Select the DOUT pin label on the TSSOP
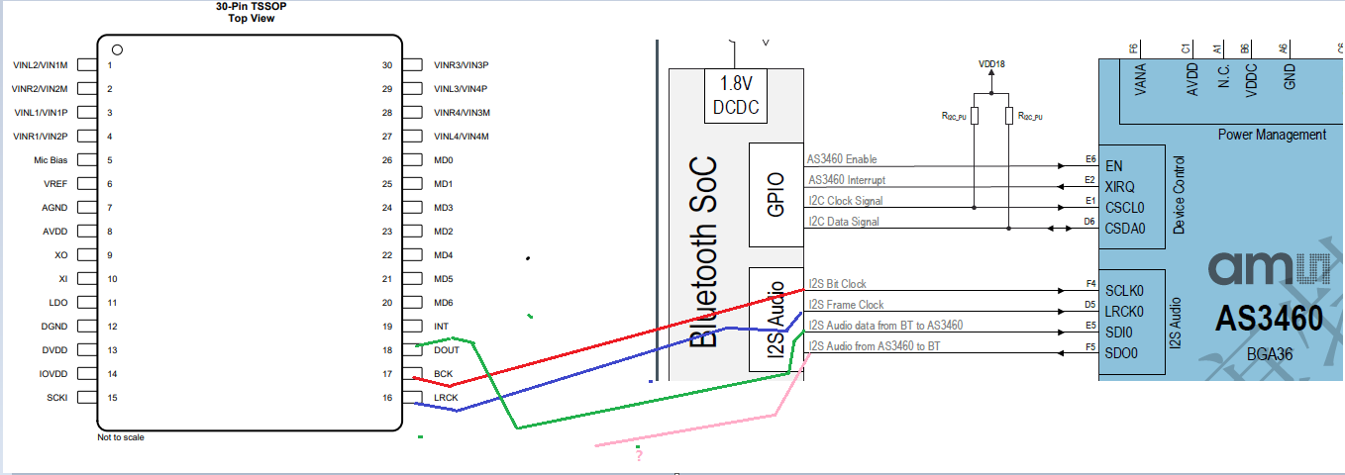click(x=448, y=350)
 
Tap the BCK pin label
click(x=443, y=374)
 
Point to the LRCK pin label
click(x=446, y=398)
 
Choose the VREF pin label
click(x=55, y=184)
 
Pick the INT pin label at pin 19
click(x=441, y=327)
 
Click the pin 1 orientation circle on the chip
click(x=117, y=49)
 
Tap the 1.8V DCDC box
click(x=736, y=97)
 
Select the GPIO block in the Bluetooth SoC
click(x=777, y=195)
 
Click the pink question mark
click(x=639, y=456)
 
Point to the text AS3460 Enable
click(x=842, y=159)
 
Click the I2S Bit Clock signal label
click(x=838, y=284)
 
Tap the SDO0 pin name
click(x=1121, y=353)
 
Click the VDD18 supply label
click(x=991, y=63)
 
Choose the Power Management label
click(x=1272, y=135)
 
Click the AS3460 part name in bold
click(x=1269, y=319)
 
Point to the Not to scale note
click(x=121, y=436)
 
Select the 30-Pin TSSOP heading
click(x=251, y=6)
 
